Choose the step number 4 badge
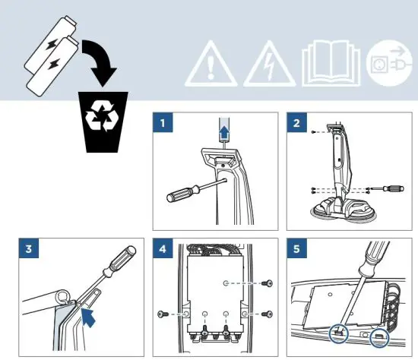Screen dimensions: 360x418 160,248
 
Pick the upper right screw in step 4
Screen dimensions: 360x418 265,283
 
